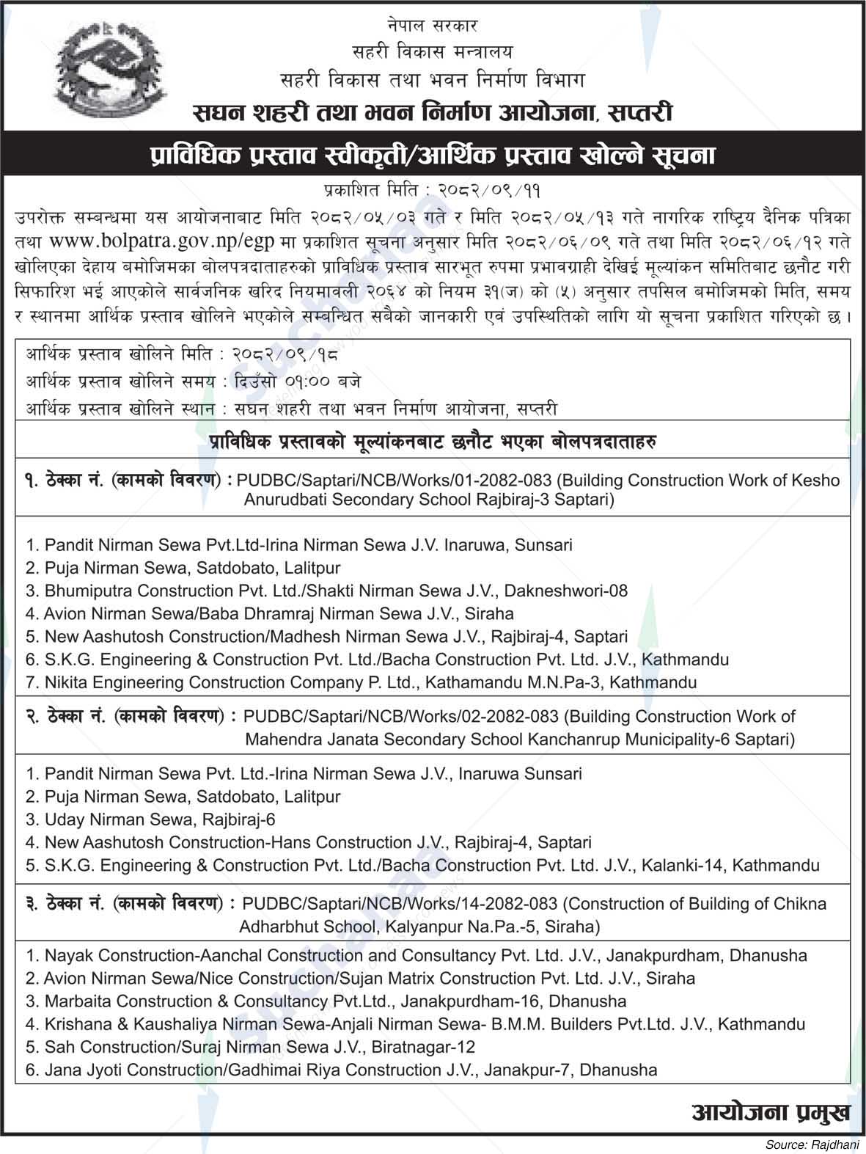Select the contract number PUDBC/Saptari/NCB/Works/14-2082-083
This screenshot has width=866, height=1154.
tap(400, 904)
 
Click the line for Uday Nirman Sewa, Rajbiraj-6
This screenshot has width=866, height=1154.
tap(150, 819)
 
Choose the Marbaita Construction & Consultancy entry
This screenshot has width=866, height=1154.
tap(326, 1001)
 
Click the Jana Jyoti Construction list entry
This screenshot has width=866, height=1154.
tap(341, 1070)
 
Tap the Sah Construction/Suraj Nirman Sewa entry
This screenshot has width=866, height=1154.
tap(250, 1047)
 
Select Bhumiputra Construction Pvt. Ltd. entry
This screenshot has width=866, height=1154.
tap(326, 591)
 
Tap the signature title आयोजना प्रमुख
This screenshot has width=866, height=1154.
tap(771, 1111)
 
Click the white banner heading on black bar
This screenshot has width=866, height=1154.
tap(433, 155)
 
